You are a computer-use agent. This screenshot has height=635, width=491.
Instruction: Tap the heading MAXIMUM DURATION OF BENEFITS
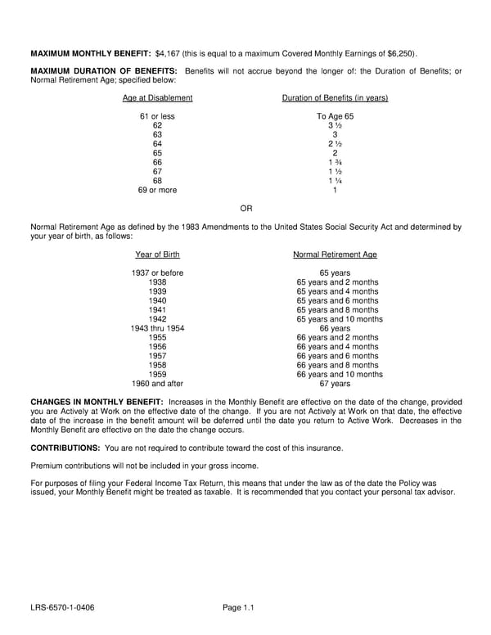[x=104, y=71]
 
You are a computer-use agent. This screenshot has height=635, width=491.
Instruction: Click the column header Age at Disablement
[x=157, y=98]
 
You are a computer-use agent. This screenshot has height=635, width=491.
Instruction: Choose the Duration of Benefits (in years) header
[x=335, y=98]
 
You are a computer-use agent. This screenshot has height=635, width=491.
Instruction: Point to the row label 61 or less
[x=157, y=117]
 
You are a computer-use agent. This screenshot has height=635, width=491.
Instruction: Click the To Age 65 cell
[x=335, y=117]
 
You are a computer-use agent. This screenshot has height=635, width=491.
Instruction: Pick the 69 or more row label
[x=157, y=191]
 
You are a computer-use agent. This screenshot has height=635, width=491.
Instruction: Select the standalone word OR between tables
[x=246, y=209]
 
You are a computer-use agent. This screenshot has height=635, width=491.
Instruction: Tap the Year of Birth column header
[x=157, y=254]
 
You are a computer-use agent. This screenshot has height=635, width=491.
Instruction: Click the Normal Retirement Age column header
[x=335, y=254]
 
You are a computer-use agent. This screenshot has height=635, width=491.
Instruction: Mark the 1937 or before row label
[x=157, y=273]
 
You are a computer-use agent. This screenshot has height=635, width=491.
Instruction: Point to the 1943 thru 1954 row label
[x=157, y=328]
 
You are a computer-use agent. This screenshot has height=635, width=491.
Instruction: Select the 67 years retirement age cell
[x=335, y=383]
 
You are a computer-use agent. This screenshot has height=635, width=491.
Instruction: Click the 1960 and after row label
[x=157, y=383]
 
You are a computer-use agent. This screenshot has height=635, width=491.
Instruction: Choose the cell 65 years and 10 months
[x=340, y=319]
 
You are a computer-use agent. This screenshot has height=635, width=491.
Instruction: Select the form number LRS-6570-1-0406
[x=61, y=607]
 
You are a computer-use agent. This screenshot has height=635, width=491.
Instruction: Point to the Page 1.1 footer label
[x=239, y=607]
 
